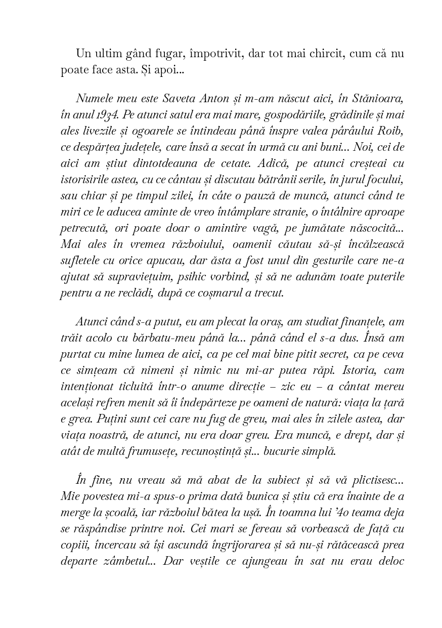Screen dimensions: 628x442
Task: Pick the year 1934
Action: [x=110, y=114]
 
